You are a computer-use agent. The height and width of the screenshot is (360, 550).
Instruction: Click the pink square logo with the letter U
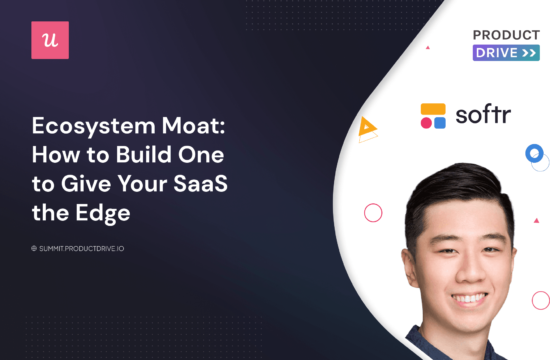tap(48, 40)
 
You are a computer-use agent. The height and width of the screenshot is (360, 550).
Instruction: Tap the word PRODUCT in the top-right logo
tap(505, 35)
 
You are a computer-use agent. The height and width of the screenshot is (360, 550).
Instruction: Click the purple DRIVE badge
tap(505, 53)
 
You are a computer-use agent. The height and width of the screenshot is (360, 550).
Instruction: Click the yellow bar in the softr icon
tap(433, 108)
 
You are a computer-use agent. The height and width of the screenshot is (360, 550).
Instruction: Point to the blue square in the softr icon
tap(440, 123)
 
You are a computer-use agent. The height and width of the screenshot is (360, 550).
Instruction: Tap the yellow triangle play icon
tap(368, 127)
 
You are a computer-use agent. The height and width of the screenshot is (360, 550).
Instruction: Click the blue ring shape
tap(534, 154)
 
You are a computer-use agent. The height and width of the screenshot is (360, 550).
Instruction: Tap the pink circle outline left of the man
tap(373, 212)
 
